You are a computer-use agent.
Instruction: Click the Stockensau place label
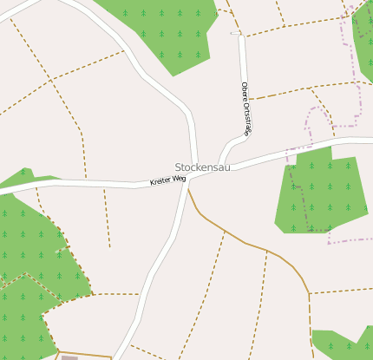202,167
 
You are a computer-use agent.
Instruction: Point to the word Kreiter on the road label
160,181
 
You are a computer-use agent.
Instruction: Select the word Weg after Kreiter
180,178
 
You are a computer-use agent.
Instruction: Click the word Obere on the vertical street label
245,90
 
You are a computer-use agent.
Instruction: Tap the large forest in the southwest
30,260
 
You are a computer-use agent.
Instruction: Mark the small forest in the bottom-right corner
343,343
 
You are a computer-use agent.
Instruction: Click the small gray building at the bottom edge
69,357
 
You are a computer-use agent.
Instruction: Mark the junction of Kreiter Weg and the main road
189,176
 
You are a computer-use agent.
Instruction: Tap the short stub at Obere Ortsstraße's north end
236,33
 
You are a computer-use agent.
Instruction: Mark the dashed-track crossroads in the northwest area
52,80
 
